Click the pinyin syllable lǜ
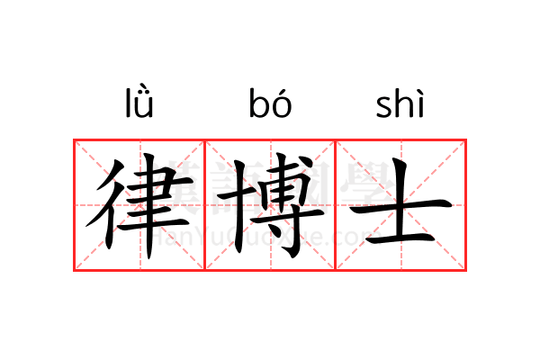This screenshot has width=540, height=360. coord(139,103)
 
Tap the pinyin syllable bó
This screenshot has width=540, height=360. coord(270,103)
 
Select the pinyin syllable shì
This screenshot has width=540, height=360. coord(400,103)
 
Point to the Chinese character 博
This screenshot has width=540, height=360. coord(270,206)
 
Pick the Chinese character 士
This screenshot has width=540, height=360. coord(401,204)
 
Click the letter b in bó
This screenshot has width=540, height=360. coord(258,103)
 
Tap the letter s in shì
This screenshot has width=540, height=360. coord(383,107)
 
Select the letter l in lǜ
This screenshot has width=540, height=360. coord(128,103)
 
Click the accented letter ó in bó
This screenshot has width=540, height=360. coord(282,103)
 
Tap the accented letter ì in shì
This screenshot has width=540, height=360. coord(419,103)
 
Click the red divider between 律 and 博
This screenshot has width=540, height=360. coord(205,205)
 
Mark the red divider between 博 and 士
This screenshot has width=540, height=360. coord(336,205)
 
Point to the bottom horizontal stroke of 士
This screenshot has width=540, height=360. coord(400,238)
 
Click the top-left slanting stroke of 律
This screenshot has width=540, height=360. coord(111,175)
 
